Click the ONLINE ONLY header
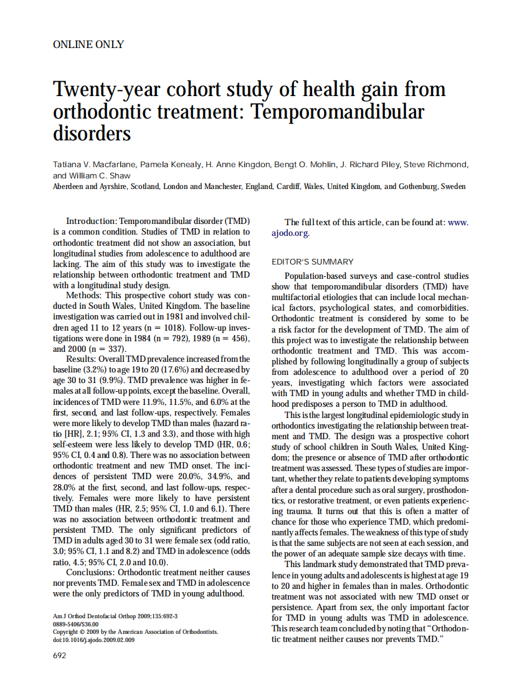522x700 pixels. pos(88,44)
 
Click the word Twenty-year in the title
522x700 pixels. pos(109,89)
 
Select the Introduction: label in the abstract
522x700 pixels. pos(91,221)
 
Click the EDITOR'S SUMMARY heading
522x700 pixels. pos(312,261)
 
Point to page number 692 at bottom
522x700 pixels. pos(60,654)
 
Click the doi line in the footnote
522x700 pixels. pos(93,639)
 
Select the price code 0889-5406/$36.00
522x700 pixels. pos(76,623)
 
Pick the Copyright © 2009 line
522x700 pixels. pos(135,631)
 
